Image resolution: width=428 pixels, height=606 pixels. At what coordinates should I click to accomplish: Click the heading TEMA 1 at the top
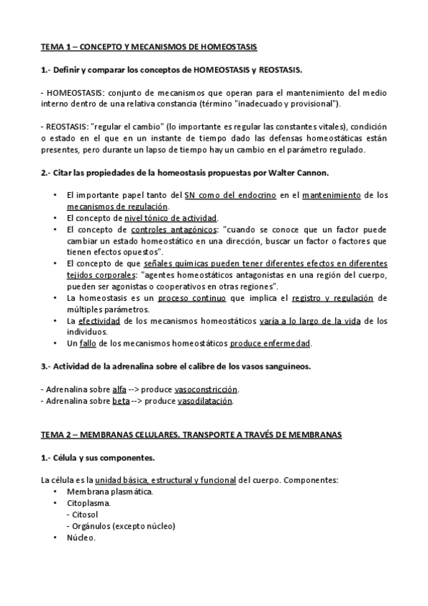(x=149, y=46)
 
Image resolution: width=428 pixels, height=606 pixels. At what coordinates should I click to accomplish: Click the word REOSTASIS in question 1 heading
(x=279, y=70)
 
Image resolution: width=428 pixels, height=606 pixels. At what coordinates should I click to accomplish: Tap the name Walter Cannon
(x=297, y=174)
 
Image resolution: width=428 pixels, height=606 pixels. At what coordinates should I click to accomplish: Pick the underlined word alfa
(x=119, y=389)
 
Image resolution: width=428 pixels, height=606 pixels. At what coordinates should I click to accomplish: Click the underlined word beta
(x=121, y=401)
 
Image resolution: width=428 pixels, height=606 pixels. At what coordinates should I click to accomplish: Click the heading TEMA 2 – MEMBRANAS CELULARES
(x=191, y=434)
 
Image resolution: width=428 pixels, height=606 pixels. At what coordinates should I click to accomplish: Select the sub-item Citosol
(x=84, y=515)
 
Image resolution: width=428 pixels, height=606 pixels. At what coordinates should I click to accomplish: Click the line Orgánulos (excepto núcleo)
(x=122, y=526)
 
